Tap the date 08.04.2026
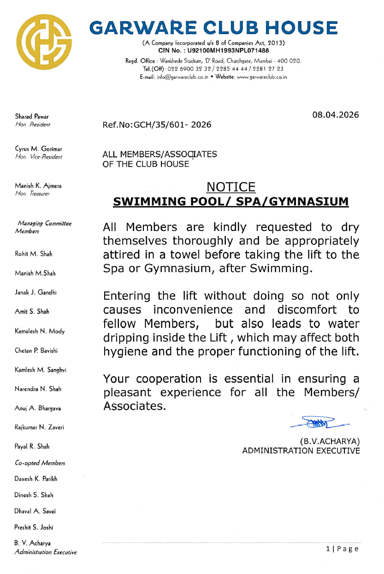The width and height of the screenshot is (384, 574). coord(336,115)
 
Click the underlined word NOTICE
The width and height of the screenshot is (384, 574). coord(231,187)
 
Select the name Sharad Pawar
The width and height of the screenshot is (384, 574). coord(32,117)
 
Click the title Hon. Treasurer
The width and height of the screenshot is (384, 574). coord(32,194)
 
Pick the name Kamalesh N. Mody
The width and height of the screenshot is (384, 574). coord(40,331)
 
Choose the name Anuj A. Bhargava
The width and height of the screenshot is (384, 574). coord(38,408)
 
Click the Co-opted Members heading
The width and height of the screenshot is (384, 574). coord(40,462)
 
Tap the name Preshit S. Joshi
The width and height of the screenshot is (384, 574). coord(34,527)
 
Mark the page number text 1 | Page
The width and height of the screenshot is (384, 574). coord(342,549)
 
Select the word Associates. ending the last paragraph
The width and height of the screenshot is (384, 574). coord(134,407)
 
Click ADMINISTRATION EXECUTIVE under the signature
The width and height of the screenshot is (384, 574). coord(301,450)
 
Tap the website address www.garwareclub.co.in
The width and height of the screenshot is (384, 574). coord(261,77)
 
